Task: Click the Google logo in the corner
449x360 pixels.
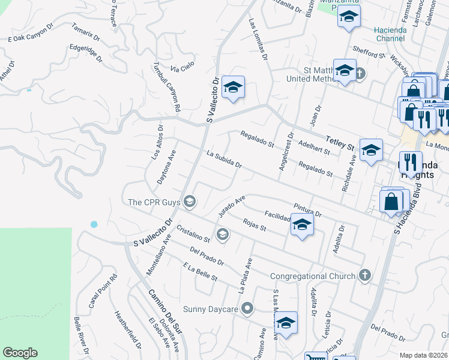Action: (x=20, y=353)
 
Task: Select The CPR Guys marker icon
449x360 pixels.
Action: (x=190, y=201)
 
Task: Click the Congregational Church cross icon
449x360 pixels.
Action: (x=363, y=276)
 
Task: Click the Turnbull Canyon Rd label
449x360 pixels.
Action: (x=167, y=88)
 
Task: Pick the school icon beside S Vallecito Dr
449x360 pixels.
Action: (x=233, y=88)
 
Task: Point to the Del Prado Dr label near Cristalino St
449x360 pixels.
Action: (x=206, y=256)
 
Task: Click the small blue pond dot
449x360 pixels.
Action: (x=94, y=224)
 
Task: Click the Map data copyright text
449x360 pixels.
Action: (x=424, y=355)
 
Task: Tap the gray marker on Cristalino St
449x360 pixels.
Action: (x=223, y=234)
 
